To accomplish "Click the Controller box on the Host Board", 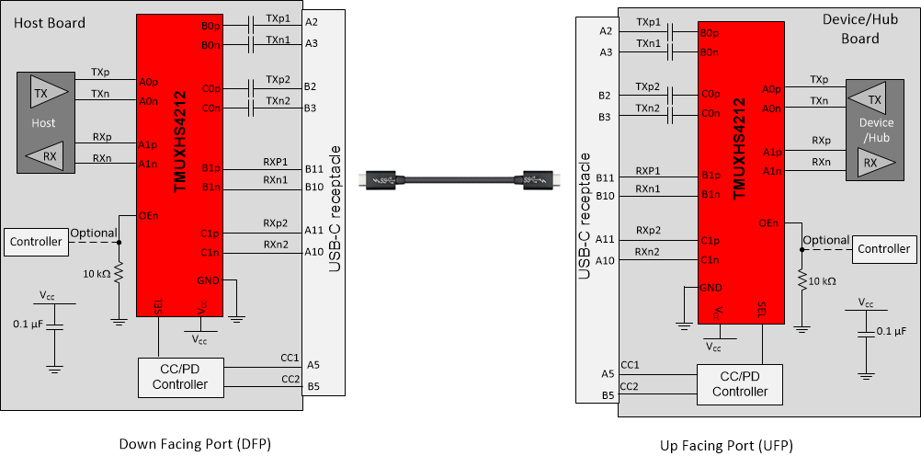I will click(36, 242).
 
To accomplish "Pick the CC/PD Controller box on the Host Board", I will click(180, 377).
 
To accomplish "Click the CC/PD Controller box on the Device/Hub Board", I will click(739, 384).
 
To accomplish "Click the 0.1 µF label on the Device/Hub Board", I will click(891, 331).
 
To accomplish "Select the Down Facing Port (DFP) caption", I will click(196, 444).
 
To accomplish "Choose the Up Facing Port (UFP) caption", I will click(726, 445).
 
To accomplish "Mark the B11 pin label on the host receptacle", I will click(313, 169).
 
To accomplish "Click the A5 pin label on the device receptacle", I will click(606, 373).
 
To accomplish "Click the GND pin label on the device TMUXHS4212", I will click(710, 288).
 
